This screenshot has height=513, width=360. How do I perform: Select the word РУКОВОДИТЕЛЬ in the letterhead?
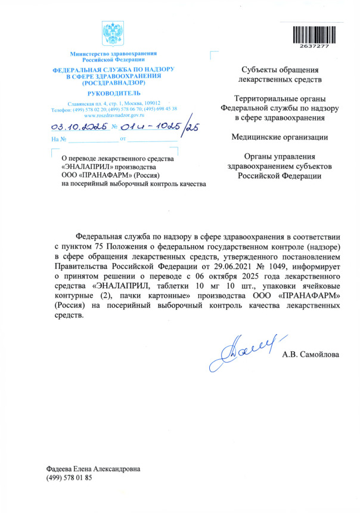point(114,94)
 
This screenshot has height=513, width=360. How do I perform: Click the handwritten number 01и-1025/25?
point(160,126)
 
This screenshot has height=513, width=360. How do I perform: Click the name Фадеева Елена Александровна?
point(94,469)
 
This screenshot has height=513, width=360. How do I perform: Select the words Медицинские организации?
point(280,138)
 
